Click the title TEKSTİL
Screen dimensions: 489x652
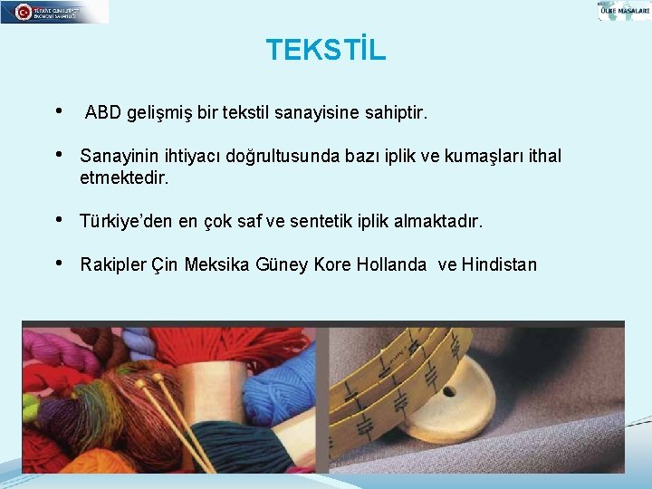coord(326,50)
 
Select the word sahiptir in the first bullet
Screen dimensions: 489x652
coord(395,114)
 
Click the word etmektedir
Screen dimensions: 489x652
coord(124,178)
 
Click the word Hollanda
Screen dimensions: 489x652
coord(391,265)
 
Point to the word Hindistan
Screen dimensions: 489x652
coord(499,265)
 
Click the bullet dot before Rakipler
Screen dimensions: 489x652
coord(60,264)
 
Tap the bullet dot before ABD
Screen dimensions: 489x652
coord(60,112)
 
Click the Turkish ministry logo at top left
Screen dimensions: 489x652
coord(54,12)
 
